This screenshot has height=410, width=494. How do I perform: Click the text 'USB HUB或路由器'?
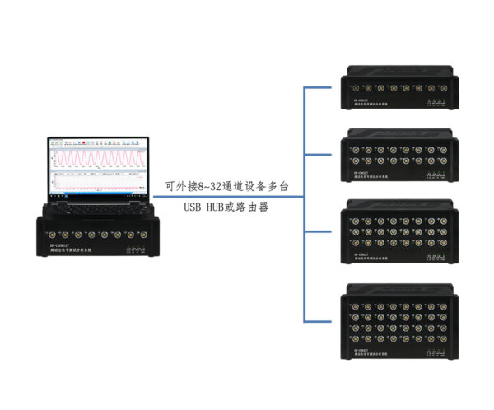pos(227,207)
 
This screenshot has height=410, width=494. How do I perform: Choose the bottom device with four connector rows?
pos(399,321)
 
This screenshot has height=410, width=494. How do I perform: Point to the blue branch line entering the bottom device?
pos(321,321)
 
